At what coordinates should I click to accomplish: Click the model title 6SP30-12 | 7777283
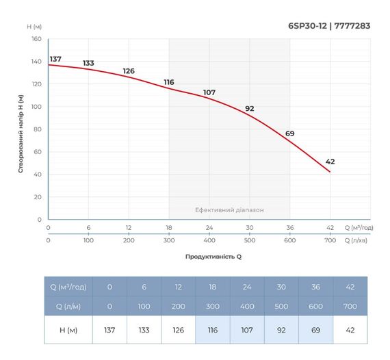[330, 27]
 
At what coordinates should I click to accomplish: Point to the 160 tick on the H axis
[36, 39]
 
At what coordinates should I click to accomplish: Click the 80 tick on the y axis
[38, 129]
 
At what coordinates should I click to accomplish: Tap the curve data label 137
[55, 59]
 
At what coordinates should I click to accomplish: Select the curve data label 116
[169, 82]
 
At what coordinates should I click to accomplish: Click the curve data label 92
[249, 109]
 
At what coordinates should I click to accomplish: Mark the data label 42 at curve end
[330, 162]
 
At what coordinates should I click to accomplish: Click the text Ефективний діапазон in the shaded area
[229, 210]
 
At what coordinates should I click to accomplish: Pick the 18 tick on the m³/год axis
[169, 228]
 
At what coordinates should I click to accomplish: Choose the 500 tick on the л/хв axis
[249, 241]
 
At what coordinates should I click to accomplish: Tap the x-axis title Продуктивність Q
[213, 257]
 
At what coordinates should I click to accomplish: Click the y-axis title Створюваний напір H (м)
[21, 133]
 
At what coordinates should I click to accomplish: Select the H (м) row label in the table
[68, 330]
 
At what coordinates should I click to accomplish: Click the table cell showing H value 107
[247, 330]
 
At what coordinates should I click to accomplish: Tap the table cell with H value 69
[315, 330]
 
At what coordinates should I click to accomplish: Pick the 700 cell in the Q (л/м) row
[350, 306]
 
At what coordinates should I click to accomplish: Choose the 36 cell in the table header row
[315, 286]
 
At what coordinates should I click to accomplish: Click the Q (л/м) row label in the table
[68, 306]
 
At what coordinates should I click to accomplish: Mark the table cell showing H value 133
[144, 330]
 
